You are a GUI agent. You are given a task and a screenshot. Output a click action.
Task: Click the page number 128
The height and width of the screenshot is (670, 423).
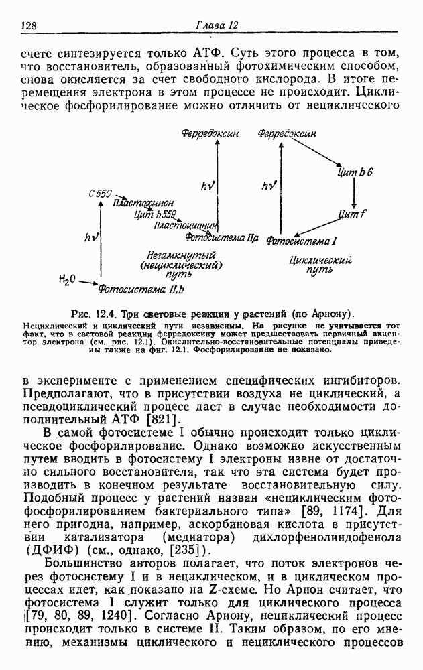[x=28, y=26]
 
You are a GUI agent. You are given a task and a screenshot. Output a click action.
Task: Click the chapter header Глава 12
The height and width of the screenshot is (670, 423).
[x=217, y=25]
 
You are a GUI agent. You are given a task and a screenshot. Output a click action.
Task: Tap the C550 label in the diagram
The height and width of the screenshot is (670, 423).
[x=99, y=193]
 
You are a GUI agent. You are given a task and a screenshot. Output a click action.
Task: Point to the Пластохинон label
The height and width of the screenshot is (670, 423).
[x=143, y=202]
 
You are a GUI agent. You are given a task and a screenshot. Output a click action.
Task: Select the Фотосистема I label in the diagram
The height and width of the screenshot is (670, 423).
[x=301, y=240]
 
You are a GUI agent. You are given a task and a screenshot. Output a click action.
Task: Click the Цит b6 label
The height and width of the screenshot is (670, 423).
[x=356, y=174]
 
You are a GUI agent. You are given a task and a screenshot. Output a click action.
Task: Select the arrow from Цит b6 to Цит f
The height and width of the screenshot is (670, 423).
[x=354, y=193]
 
